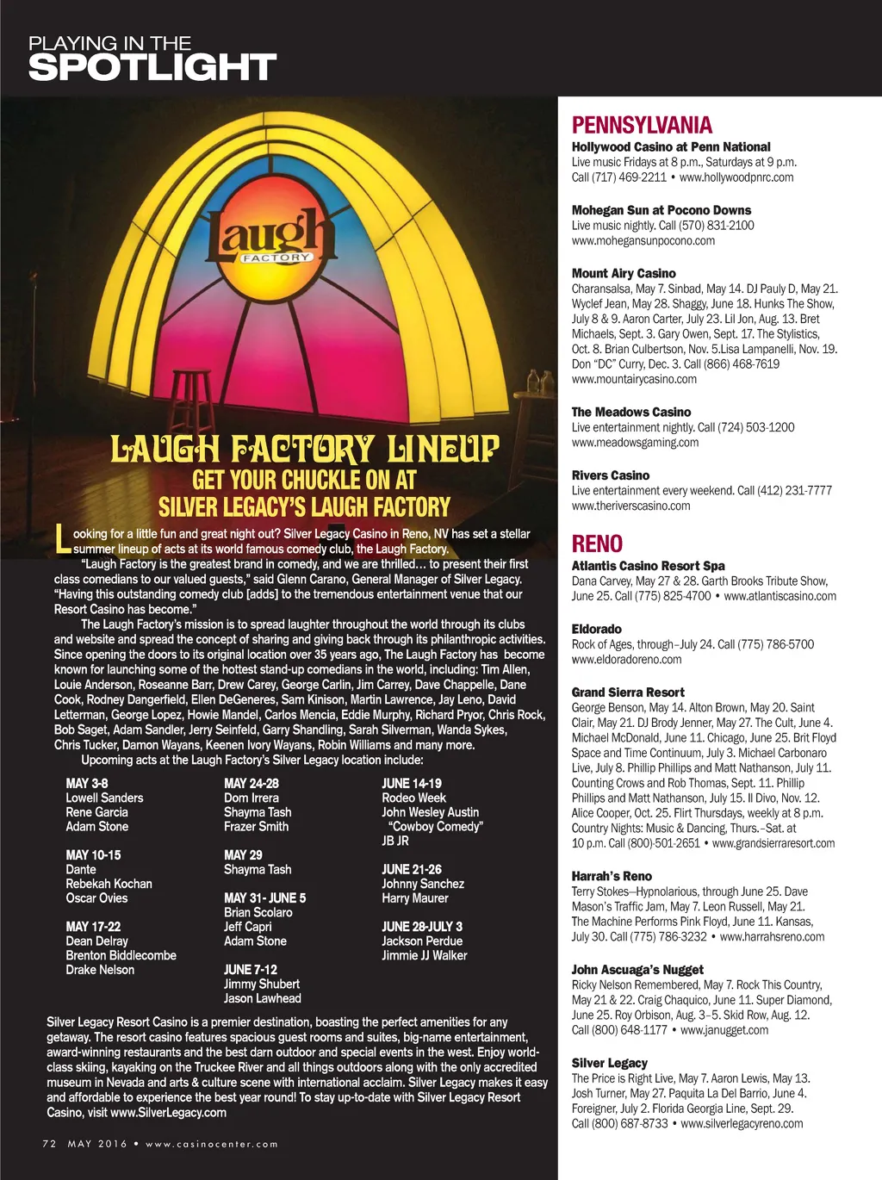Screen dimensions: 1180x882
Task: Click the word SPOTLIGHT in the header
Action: click(x=152, y=67)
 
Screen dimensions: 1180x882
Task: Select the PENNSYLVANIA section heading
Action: click(x=642, y=126)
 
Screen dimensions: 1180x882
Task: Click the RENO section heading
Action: click(x=597, y=544)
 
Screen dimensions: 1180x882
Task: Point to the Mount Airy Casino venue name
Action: click(x=624, y=273)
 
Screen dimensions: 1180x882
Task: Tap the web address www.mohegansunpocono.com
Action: click(x=643, y=241)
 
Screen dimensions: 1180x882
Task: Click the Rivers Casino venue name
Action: click(x=611, y=475)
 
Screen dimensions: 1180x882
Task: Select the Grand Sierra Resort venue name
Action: click(x=628, y=692)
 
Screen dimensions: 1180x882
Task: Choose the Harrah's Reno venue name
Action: click(x=612, y=876)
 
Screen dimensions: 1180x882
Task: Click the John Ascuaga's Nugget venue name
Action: click(x=637, y=970)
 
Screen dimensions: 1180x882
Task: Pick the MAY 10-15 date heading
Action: click(x=93, y=855)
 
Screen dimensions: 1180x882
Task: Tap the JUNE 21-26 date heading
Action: click(x=412, y=870)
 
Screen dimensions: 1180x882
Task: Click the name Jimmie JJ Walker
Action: click(x=425, y=955)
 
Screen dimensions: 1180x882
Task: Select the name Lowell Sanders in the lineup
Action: click(x=104, y=798)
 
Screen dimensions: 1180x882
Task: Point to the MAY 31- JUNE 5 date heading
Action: click(x=264, y=898)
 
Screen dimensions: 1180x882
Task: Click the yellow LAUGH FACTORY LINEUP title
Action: click(x=305, y=450)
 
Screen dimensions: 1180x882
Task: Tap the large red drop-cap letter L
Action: click(x=61, y=539)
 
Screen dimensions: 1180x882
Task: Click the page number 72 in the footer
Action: click(x=49, y=1144)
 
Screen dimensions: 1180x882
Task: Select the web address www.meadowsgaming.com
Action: click(x=635, y=443)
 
